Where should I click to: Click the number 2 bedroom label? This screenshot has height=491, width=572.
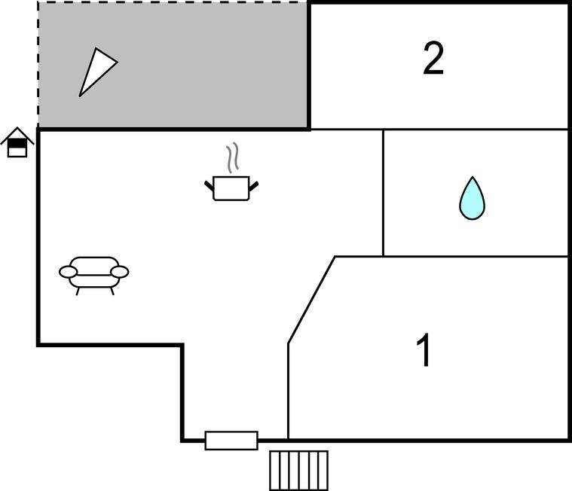tap(433, 58)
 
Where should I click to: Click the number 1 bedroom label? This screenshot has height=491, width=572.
tap(424, 350)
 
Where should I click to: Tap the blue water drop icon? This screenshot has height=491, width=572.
tap(472, 198)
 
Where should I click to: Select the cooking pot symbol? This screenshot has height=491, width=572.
tap(231, 188)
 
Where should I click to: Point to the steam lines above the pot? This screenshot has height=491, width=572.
tap(232, 157)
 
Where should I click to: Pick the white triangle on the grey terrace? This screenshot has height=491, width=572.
tap(98, 72)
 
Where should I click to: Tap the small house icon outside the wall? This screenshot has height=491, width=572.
tap(17, 142)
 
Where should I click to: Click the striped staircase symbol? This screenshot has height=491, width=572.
tap(298, 471)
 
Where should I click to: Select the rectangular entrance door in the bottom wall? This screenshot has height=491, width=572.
tap(231, 441)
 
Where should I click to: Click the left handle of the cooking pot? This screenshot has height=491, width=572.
tap(209, 185)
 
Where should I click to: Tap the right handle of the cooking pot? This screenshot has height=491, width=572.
tap(253, 186)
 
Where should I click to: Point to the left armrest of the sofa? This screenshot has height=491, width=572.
tap(69, 272)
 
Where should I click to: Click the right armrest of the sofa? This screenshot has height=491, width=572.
tap(120, 272)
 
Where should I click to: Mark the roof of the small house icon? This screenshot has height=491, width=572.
tap(17, 136)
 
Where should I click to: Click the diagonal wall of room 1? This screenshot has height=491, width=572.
tap(311, 300)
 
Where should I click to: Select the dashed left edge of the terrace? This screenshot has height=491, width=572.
tap(38, 65)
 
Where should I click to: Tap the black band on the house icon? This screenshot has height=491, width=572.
tap(17, 144)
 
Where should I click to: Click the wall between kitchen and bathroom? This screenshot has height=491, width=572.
tap(383, 193)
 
